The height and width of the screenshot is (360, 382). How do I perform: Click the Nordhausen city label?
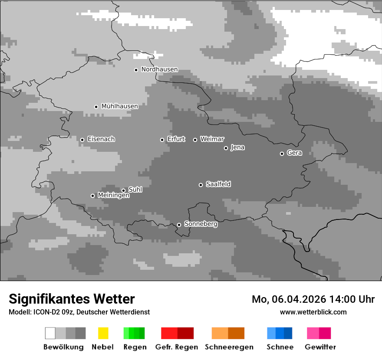click(159, 69)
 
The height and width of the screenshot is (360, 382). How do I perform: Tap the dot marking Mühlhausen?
click(96, 107)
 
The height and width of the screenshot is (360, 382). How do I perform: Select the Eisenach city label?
click(101, 139)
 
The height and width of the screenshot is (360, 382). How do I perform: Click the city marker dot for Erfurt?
click(162, 140)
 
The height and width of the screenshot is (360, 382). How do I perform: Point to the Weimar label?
click(212, 139)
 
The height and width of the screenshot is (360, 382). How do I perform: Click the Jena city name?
click(237, 147)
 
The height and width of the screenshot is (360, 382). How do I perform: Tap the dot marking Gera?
click(282, 154)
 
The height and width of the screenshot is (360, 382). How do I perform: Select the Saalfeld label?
click(218, 184)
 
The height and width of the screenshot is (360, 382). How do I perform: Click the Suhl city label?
click(135, 190)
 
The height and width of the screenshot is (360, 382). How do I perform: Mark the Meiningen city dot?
click(92, 196)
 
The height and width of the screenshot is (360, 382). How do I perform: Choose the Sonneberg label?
click(201, 224)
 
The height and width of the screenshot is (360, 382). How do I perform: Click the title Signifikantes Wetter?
click(72, 299)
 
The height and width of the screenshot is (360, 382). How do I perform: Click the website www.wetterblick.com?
click(313, 312)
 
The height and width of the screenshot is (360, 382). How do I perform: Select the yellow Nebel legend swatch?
click(103, 333)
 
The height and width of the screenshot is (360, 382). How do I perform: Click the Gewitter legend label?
click(320, 347)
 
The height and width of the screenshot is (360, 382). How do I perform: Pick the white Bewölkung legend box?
click(50, 333)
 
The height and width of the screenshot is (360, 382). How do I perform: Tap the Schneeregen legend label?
click(229, 347)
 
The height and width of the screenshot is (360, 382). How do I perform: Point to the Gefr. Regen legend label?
click(176, 347)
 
